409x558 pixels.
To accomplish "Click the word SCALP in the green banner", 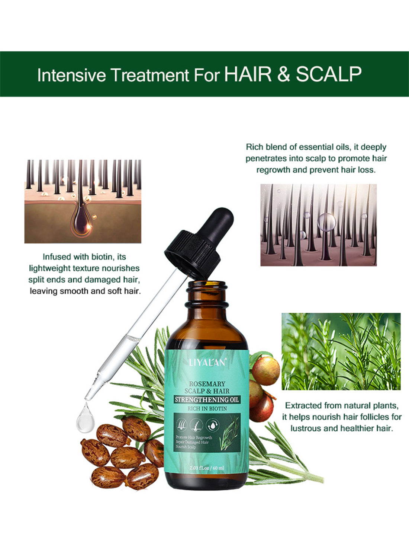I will coord(329,74).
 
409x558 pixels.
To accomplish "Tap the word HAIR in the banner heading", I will coord(248,74).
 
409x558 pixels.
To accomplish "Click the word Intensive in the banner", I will coord(71,75).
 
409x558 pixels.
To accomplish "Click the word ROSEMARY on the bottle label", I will coord(207,384).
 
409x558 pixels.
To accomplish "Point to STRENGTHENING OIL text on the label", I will coord(207,400).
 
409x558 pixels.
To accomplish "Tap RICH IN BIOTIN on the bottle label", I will coord(207,408).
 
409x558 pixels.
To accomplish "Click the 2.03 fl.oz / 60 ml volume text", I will coord(207,468).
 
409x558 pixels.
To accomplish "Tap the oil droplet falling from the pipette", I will coord(85,419).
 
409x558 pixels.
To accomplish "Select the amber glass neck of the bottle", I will coord(207,294).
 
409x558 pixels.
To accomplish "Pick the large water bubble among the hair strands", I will coord(326,222).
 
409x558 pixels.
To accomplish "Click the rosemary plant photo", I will coord(341,351).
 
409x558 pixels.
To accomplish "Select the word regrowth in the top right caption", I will coord(274,170).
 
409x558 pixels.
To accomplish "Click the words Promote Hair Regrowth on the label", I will coord(194,437).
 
